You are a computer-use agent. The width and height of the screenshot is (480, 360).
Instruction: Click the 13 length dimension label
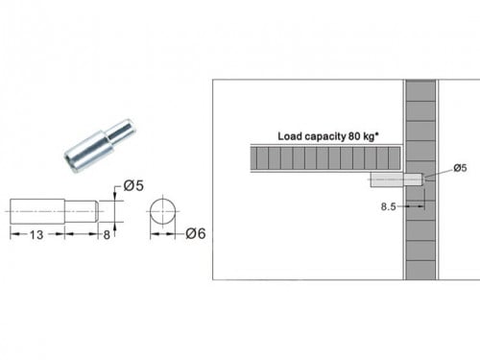36,235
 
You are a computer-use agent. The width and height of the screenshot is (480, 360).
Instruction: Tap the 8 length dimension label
107,235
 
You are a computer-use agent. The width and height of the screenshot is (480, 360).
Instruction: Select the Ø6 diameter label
195,233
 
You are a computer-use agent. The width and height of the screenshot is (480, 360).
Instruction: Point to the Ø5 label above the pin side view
133,186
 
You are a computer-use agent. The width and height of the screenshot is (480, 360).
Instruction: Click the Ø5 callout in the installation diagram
460,168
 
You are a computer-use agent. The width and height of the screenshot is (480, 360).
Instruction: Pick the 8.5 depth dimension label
388,206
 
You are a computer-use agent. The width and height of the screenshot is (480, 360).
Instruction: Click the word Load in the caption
290,136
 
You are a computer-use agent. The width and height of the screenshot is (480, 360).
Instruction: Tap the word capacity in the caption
324,137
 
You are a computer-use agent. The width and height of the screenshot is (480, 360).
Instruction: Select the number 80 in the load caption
354,136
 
